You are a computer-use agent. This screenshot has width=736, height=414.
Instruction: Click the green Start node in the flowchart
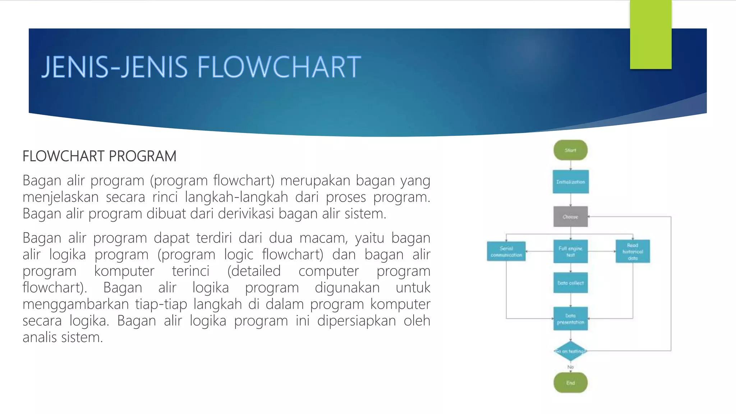(x=570, y=150)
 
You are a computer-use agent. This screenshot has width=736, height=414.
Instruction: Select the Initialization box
(x=570, y=182)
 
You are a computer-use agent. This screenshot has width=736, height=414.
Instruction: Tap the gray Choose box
(x=570, y=217)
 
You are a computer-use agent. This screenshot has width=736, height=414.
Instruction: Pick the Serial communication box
(x=506, y=252)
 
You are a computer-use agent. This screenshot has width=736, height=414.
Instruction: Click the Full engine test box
(x=570, y=252)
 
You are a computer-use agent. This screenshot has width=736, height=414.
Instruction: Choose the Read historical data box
(x=632, y=252)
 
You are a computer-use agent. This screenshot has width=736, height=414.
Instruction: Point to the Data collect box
(x=570, y=283)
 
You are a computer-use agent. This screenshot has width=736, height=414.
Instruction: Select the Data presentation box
(x=570, y=319)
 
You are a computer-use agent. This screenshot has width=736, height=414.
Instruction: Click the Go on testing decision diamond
(x=570, y=351)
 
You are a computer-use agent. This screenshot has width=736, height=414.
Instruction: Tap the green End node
(x=570, y=383)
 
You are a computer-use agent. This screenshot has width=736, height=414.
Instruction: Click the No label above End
(x=570, y=367)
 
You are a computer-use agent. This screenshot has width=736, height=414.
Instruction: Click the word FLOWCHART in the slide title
(x=279, y=67)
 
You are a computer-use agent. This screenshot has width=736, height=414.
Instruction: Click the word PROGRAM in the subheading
(x=142, y=156)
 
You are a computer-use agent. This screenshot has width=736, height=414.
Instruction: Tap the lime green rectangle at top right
(x=650, y=34)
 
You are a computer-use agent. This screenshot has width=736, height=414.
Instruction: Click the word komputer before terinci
(x=124, y=271)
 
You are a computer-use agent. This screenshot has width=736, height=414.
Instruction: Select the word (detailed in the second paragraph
(x=254, y=271)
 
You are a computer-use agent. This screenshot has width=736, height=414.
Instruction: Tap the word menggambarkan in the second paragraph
(x=75, y=304)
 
